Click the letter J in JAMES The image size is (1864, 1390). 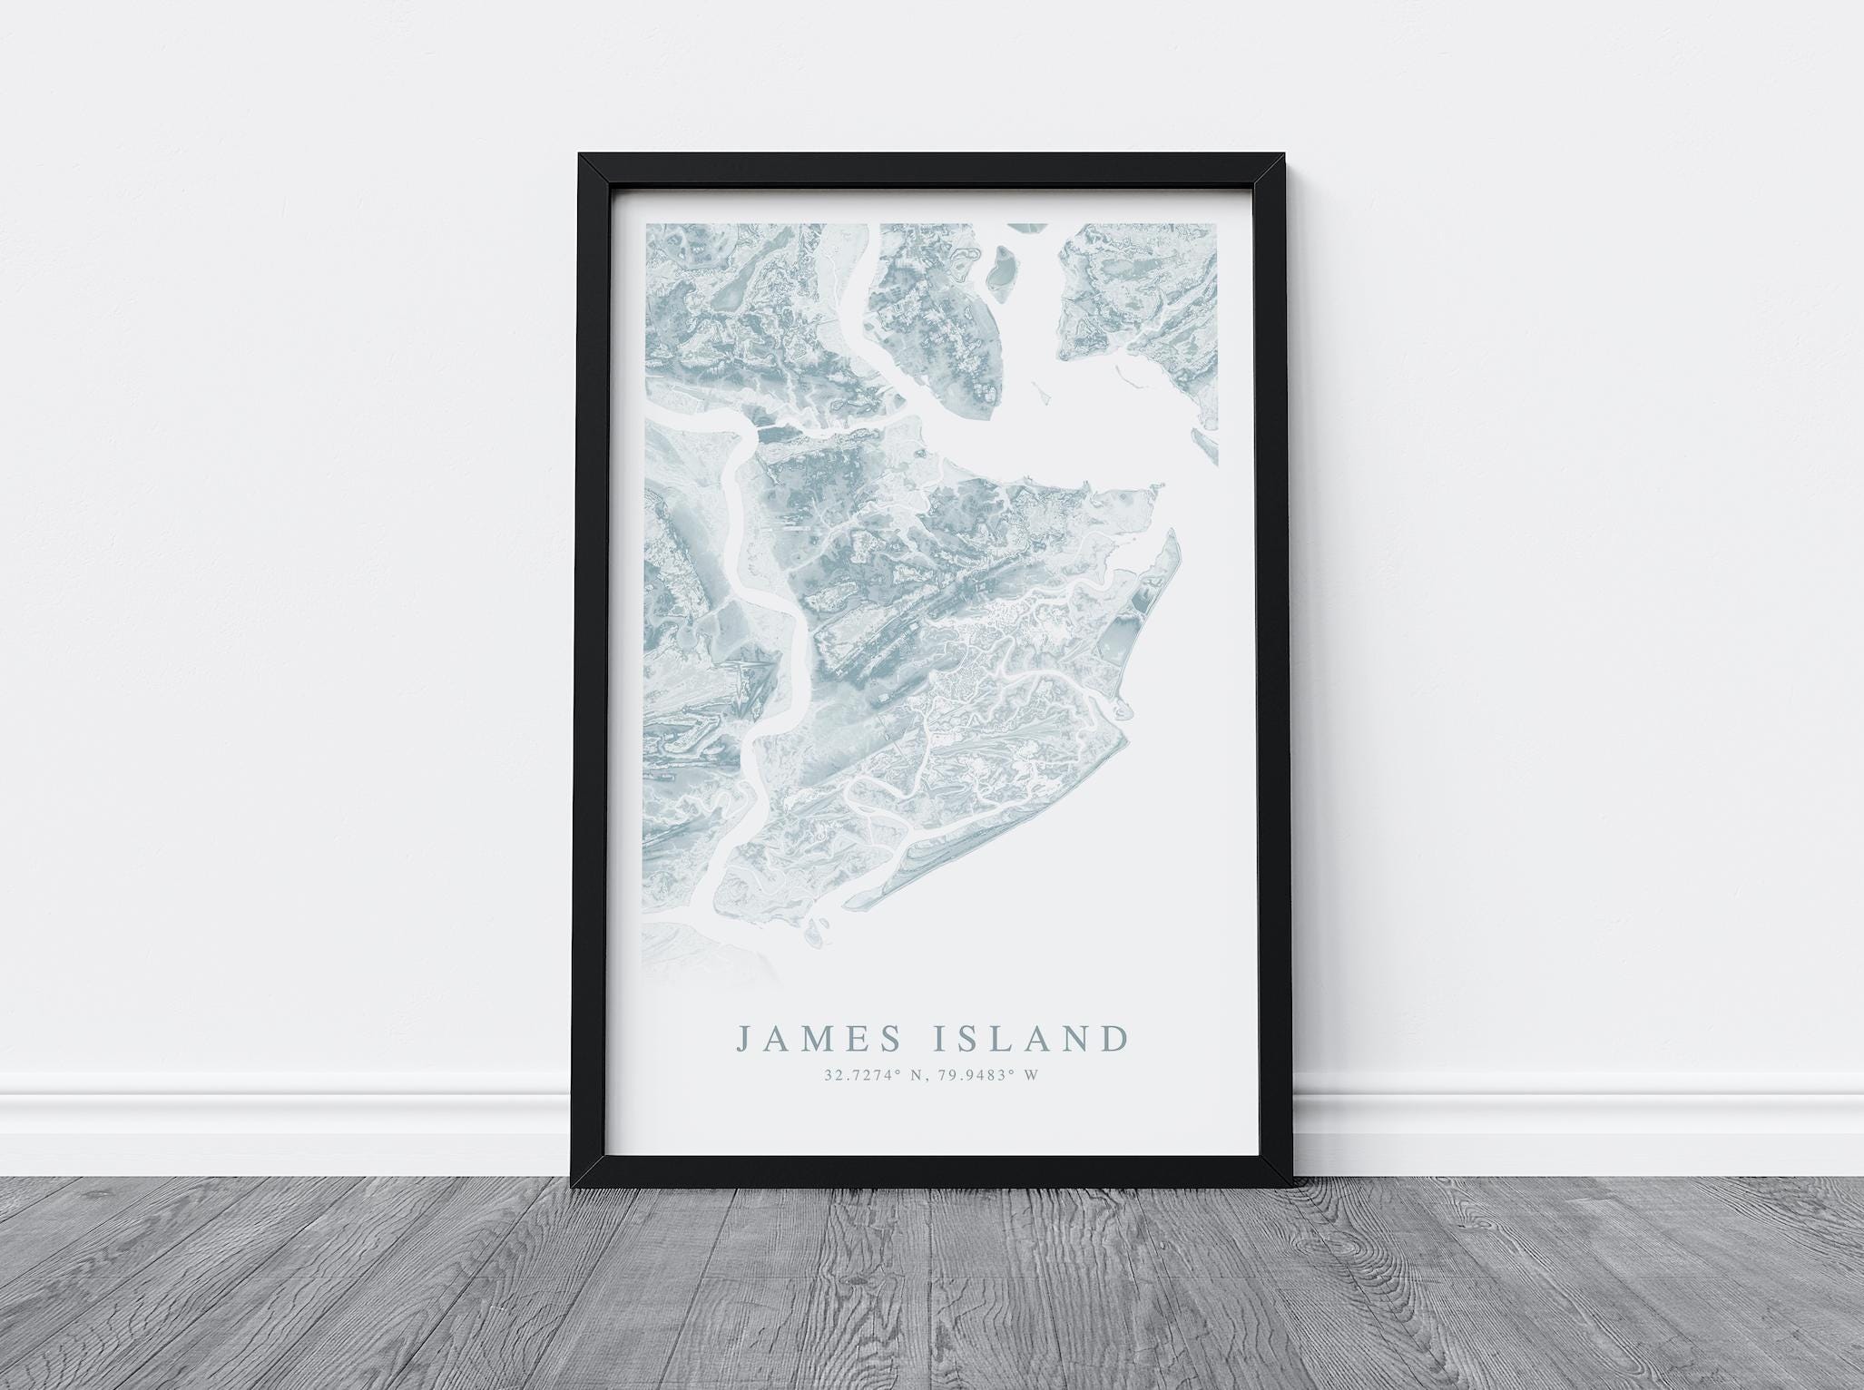click(x=743, y=1039)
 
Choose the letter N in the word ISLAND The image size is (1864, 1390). click(x=1081, y=1038)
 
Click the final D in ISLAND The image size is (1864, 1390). click(x=1118, y=1038)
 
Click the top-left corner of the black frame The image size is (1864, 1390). click(x=581, y=155)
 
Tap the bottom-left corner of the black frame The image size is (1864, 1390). click(x=572, y=1186)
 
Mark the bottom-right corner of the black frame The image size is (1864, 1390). click(x=1292, y=1186)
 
